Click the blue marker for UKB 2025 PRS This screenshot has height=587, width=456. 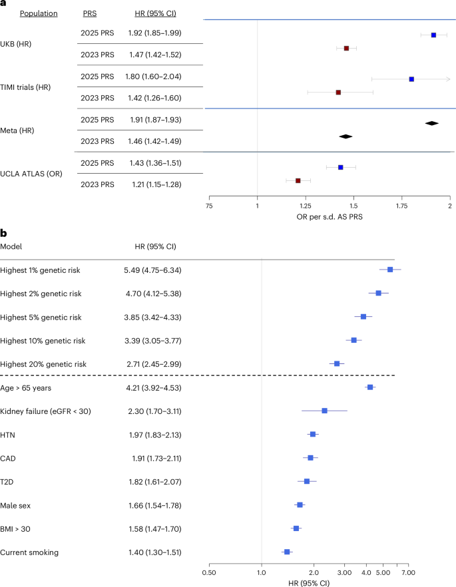click(x=433, y=35)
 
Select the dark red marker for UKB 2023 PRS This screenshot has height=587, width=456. click(x=346, y=49)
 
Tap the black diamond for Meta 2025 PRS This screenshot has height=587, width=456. click(x=432, y=122)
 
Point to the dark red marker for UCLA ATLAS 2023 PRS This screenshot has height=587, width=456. click(x=298, y=180)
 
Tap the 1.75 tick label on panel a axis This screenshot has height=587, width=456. click(x=402, y=207)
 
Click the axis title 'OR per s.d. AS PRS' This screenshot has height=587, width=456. click(x=330, y=218)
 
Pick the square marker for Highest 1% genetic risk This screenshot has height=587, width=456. click(x=390, y=270)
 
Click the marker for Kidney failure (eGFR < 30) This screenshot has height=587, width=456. click(x=324, y=411)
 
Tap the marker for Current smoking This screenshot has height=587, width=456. click(x=287, y=552)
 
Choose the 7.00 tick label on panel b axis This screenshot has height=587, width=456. click(x=409, y=572)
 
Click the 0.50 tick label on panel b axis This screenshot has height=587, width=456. click(x=209, y=572)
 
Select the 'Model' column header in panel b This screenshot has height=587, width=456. click(x=11, y=246)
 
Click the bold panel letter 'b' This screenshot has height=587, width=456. click(x=3, y=232)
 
